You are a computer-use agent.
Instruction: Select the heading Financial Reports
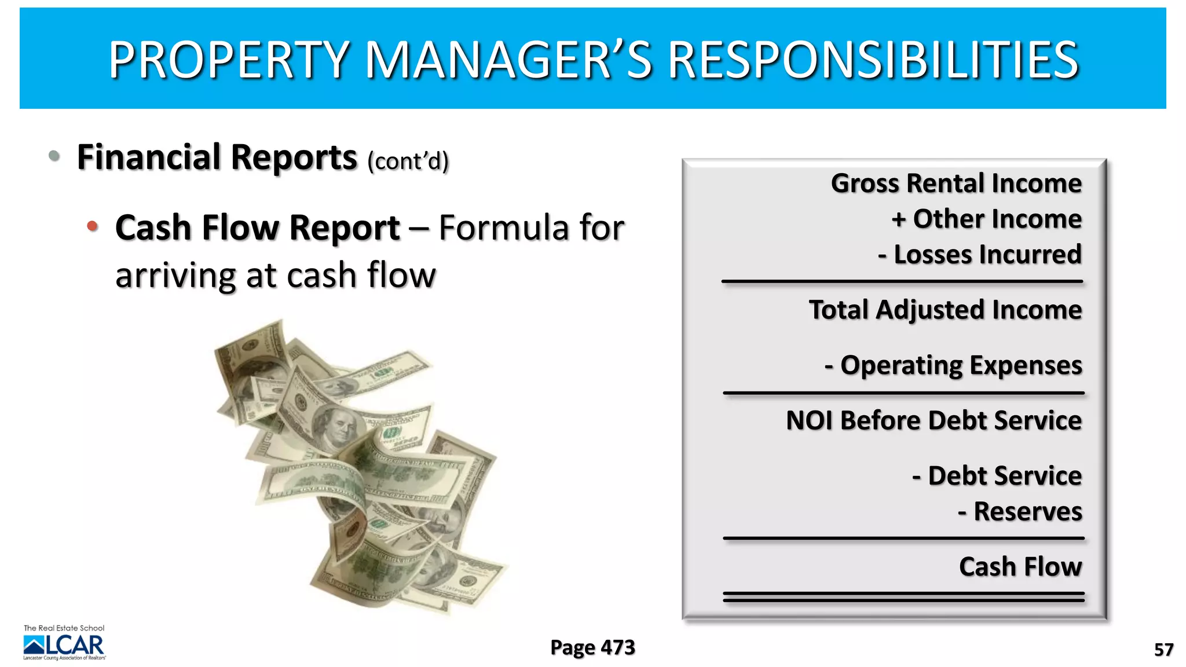click(x=217, y=157)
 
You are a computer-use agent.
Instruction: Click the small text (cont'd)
click(x=408, y=162)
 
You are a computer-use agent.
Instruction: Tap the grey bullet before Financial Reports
click(x=54, y=155)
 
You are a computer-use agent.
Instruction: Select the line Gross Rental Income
click(x=956, y=184)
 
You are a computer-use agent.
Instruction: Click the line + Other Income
click(x=986, y=219)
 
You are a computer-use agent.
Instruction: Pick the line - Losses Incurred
click(x=979, y=255)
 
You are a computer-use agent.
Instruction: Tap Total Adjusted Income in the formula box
click(x=945, y=310)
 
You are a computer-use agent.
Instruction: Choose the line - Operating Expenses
click(x=953, y=365)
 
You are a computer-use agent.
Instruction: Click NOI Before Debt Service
click(x=934, y=420)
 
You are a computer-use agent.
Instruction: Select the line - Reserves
click(x=1020, y=512)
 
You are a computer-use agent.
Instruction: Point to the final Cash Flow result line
click(x=1020, y=566)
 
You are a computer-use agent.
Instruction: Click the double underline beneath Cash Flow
click(x=903, y=597)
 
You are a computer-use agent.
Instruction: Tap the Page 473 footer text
click(x=592, y=647)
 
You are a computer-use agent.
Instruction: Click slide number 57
click(x=1163, y=650)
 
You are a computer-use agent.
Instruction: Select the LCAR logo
click(x=64, y=644)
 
